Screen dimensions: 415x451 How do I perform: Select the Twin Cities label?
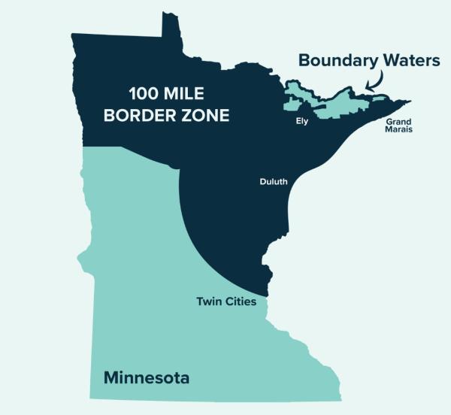[x=226, y=302]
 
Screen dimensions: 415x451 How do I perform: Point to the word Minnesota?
[x=146, y=377]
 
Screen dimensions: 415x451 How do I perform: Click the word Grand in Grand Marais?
[x=399, y=121]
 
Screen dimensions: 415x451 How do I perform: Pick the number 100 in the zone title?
[x=141, y=95]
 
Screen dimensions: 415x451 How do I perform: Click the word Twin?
[x=207, y=302]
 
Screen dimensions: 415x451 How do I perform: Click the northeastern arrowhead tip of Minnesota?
[x=409, y=101]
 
